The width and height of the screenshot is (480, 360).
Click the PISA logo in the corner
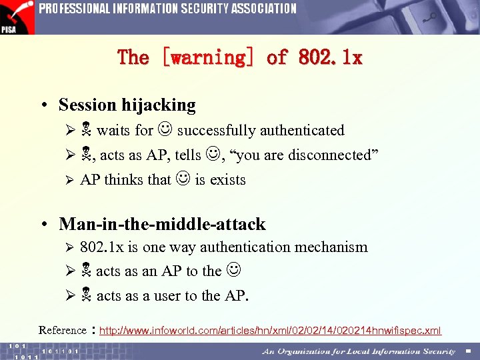[17, 17]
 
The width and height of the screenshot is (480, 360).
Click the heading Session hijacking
[127, 105]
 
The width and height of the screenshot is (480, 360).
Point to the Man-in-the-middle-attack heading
[162, 223]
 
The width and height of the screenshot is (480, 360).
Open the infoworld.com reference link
[270, 331]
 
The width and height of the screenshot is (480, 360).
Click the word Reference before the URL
[63, 330]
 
